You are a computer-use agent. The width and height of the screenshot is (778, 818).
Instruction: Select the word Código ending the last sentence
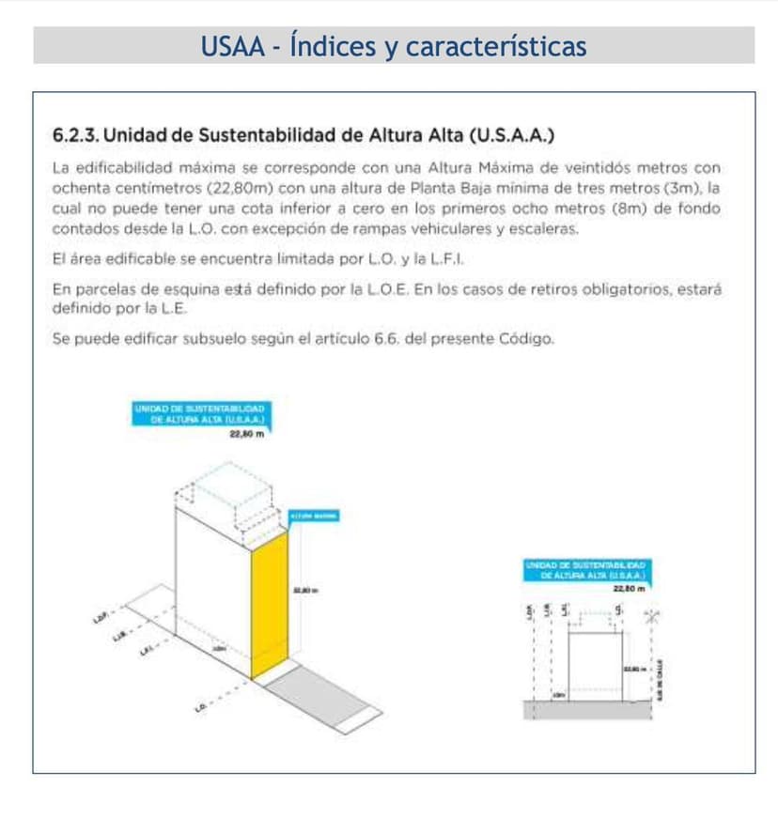coord(525,338)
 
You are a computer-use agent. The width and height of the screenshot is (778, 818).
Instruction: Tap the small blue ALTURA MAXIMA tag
coord(315,516)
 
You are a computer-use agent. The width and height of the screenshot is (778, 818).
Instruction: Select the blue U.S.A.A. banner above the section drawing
coord(588,568)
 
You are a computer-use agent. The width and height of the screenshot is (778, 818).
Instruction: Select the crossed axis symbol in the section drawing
coord(652,616)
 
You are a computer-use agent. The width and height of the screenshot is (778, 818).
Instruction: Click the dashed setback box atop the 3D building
coord(230,498)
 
